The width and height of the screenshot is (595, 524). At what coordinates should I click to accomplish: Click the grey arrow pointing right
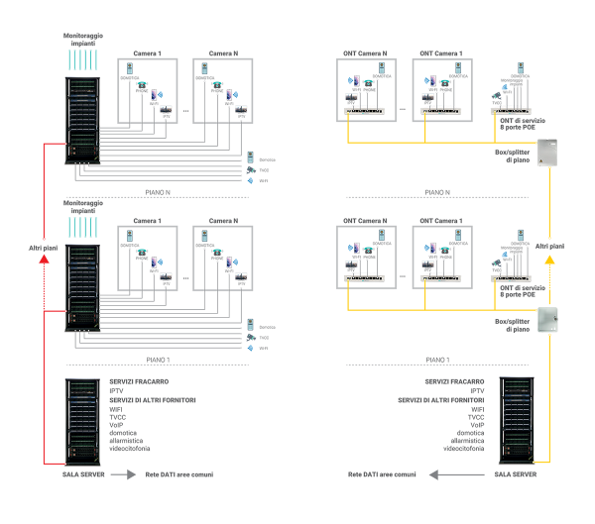click(123, 474)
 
